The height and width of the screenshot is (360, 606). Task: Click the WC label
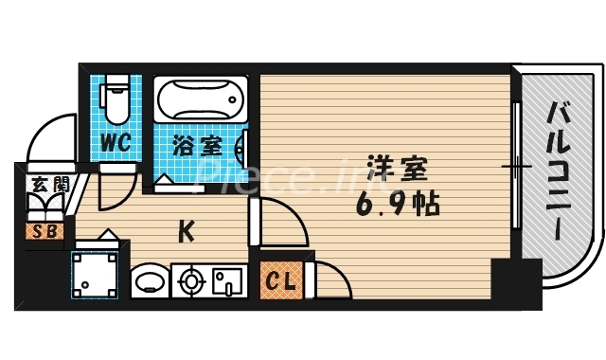[116, 144]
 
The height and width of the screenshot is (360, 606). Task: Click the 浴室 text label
[197, 147]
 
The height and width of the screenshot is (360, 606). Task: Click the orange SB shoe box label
[42, 230]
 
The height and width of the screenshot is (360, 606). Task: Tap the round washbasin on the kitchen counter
[148, 281]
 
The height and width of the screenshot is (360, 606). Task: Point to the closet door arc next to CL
[330, 280]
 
